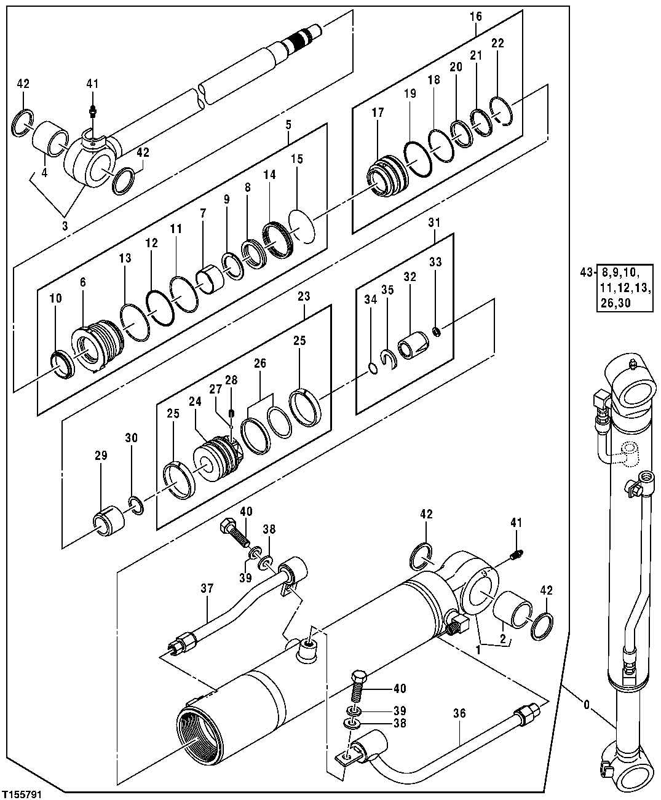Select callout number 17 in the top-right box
tap(377, 113)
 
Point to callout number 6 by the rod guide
tap(82, 282)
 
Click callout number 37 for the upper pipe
tap(207, 589)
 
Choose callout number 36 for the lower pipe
tap(459, 714)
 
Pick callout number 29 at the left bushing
tap(101, 456)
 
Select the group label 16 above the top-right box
tap(477, 16)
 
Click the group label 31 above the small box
tap(435, 222)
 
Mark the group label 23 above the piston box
tap(304, 296)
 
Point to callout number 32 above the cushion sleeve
tap(410, 277)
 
